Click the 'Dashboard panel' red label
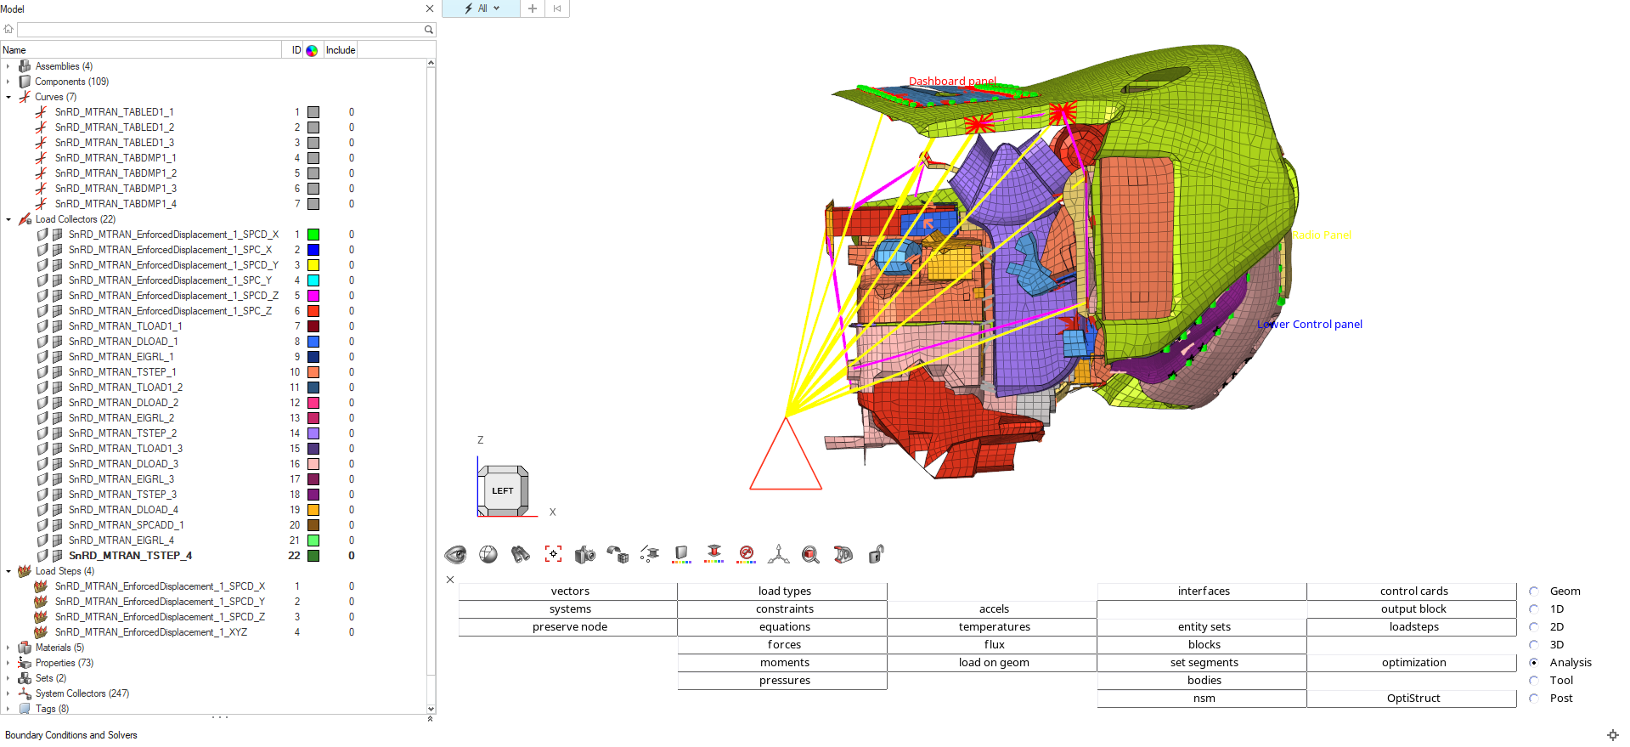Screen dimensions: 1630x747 click(952, 82)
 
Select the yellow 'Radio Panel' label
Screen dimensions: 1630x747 click(1321, 235)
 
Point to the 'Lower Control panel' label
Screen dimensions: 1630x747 click(1310, 324)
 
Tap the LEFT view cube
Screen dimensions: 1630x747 click(503, 490)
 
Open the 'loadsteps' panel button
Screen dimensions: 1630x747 click(1413, 627)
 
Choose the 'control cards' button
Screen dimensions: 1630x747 click(1413, 591)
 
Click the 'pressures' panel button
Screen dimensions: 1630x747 click(784, 681)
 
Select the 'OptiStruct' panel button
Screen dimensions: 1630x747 click(1413, 699)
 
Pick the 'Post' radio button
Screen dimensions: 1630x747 click(1534, 699)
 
